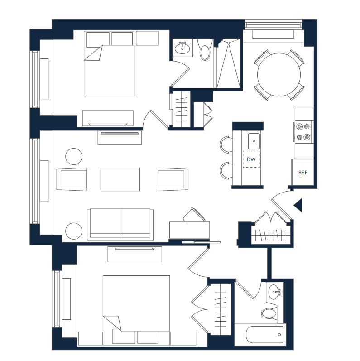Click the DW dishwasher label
tap(251, 159)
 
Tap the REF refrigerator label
tap(302, 173)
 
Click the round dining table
tap(279, 75)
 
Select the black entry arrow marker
tap(298, 205)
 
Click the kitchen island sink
tap(254, 141)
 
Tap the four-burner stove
tap(303, 132)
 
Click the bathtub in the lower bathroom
tap(265, 335)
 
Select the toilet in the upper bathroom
tap(205, 50)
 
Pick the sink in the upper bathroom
tap(182, 48)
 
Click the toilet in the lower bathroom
tap(269, 313)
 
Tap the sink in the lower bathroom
tap(274, 292)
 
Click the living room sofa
tap(120, 224)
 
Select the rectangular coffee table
tap(120, 179)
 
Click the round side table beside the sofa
tap(74, 231)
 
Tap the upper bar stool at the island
tap(226, 144)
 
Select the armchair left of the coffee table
tap(72, 179)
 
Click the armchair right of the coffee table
tap(173, 179)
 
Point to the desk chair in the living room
tap(195, 215)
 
